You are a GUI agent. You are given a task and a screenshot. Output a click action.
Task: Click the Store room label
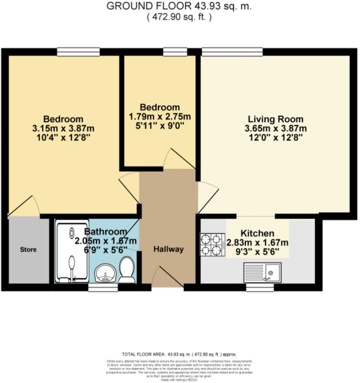[28, 249]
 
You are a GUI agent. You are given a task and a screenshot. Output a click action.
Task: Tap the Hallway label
[168, 249]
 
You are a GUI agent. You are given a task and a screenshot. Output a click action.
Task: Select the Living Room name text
[276, 119]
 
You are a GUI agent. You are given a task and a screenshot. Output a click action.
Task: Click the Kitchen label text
[257, 233]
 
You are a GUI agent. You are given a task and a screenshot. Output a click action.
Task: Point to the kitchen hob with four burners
[212, 245]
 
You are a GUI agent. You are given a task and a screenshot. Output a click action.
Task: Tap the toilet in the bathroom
[127, 270]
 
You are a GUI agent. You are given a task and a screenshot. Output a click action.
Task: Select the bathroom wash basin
[105, 273]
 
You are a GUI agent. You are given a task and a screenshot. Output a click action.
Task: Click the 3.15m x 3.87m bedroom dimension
[63, 128]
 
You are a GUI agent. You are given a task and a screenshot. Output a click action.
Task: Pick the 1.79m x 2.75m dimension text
[160, 116]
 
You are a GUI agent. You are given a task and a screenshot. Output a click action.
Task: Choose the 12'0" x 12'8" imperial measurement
[276, 138]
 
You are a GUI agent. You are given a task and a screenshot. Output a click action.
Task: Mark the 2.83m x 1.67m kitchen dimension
[257, 243]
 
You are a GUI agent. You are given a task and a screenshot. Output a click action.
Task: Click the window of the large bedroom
[78, 52]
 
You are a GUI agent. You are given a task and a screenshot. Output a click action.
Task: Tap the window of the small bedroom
[175, 52]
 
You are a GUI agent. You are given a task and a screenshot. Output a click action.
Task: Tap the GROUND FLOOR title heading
[179, 6]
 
